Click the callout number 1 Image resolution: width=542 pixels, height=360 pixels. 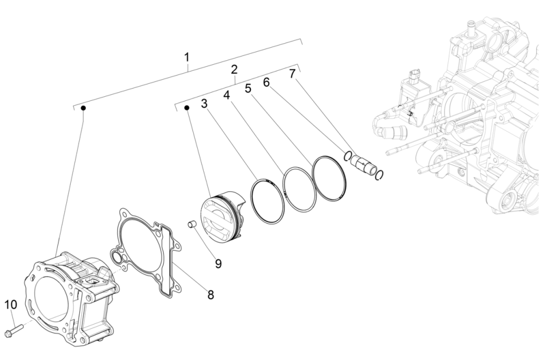[187, 57]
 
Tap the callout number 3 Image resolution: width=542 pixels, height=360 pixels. [204, 103]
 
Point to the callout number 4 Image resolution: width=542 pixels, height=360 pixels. [227, 94]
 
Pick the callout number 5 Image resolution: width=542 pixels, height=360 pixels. [248, 88]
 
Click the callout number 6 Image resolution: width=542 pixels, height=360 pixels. [266, 83]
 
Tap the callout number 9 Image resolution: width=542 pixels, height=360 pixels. [218, 263]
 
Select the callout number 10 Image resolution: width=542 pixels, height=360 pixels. [11, 305]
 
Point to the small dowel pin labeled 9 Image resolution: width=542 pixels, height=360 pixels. [191, 224]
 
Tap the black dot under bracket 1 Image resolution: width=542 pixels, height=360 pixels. [84, 109]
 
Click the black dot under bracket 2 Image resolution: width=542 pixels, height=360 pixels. [187, 108]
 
